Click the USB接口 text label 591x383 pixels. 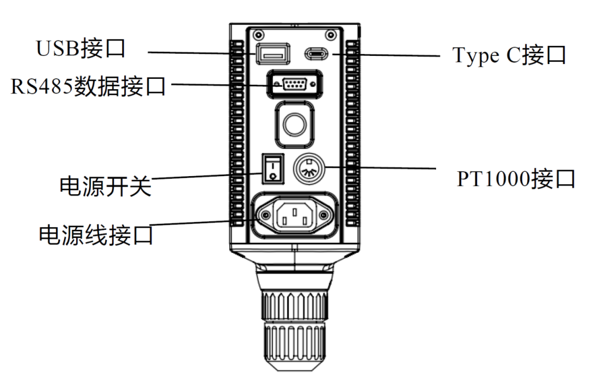pyautogui.click(x=80, y=49)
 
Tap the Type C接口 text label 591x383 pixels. pyautogui.click(x=509, y=55)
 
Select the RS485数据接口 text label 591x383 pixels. pyautogui.click(x=88, y=86)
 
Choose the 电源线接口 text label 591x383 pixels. pyautogui.click(x=96, y=235)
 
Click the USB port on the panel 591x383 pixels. pyautogui.click(x=271, y=54)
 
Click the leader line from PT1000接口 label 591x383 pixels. pyautogui.click(x=383, y=167)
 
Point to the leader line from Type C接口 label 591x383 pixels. pyautogui.click(x=383, y=55)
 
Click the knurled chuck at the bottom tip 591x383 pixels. pyautogui.click(x=294, y=328)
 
